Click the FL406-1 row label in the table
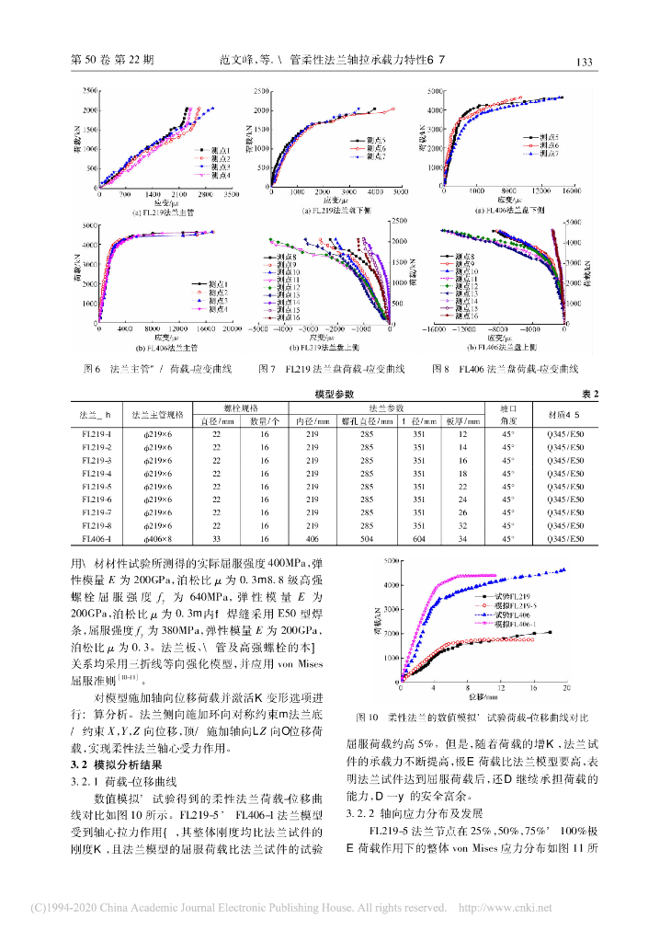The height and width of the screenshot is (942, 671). click(x=97, y=538)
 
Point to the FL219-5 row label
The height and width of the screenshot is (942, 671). click(x=97, y=486)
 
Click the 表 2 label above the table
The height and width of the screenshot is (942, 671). click(x=589, y=394)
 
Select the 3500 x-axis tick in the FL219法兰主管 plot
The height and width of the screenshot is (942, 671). click(x=233, y=196)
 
